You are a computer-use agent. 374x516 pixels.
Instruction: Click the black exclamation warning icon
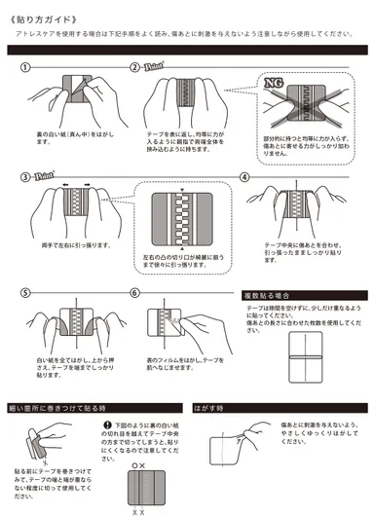(119, 426)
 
